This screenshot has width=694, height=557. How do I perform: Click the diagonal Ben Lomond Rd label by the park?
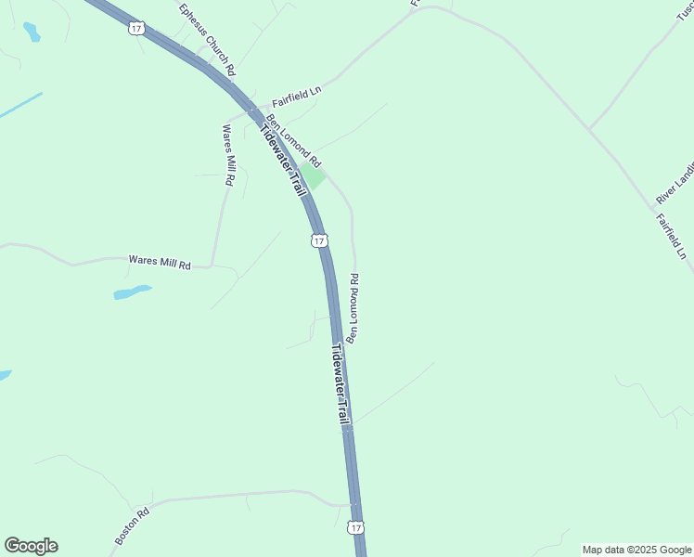(x=293, y=141)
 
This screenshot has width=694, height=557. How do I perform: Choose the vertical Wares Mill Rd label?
(x=226, y=156)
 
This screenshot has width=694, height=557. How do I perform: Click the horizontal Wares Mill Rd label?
(x=159, y=263)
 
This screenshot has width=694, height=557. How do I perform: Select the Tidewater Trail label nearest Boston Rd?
(x=341, y=386)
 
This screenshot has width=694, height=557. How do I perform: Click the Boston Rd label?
(x=132, y=526)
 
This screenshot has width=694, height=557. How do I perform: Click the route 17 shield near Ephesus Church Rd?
(x=135, y=30)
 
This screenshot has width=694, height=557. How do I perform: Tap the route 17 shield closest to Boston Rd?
(x=357, y=527)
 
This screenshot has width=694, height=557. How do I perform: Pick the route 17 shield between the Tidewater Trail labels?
(x=318, y=241)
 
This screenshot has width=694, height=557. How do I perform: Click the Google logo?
(x=31, y=546)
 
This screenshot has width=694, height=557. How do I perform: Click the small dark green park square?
(x=312, y=175)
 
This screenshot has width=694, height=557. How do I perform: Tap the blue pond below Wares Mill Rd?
(x=132, y=292)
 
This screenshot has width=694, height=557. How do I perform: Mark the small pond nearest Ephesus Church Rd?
(x=32, y=32)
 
